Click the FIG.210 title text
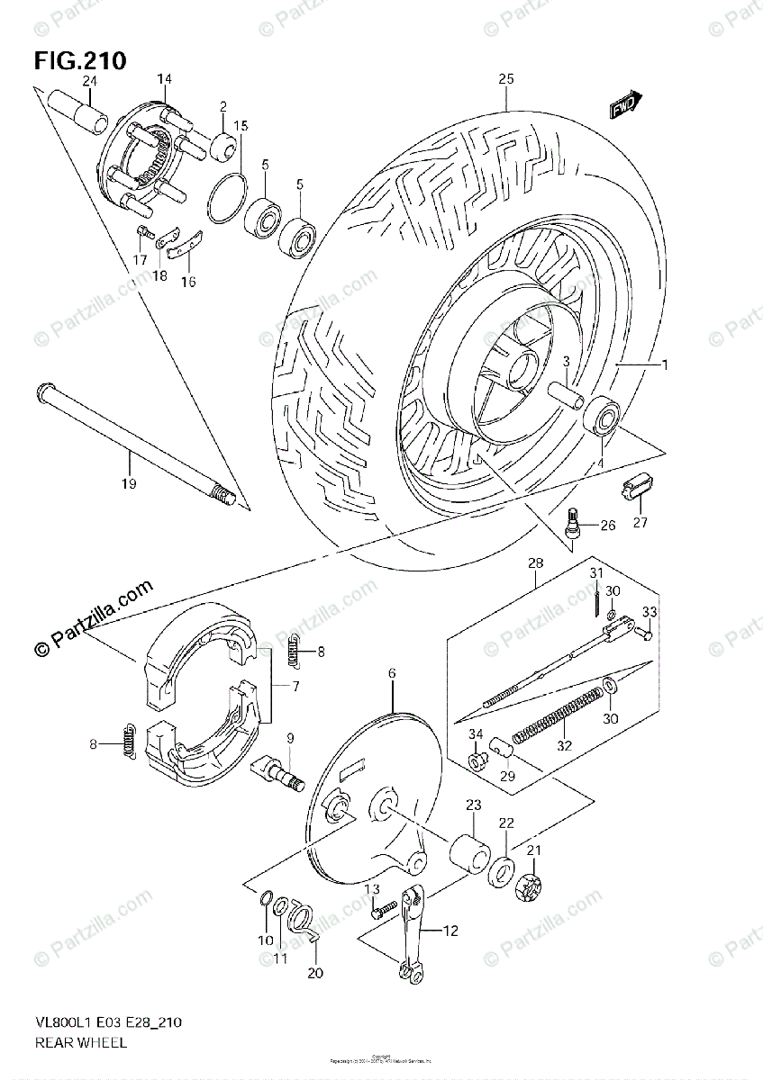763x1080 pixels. pos(80,61)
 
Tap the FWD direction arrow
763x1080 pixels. pos(624,106)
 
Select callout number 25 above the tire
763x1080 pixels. pos(505,80)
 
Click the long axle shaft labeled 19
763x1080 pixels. pos(135,442)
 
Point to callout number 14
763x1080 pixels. pos(164,80)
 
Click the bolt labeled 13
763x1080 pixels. pos(383,910)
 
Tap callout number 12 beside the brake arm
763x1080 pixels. pos(451,930)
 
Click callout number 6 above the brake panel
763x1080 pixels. pos(393,673)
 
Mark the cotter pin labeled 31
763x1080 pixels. pos(598,598)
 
